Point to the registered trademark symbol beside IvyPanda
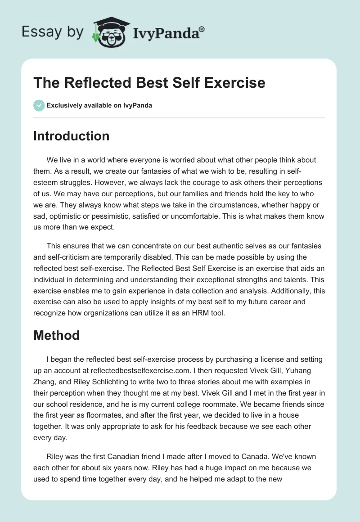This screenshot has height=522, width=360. coord(202,29)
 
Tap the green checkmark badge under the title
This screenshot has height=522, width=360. coord(39,105)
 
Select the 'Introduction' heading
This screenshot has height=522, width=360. coord(71,136)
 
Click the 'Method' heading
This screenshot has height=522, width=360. coord(56,335)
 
